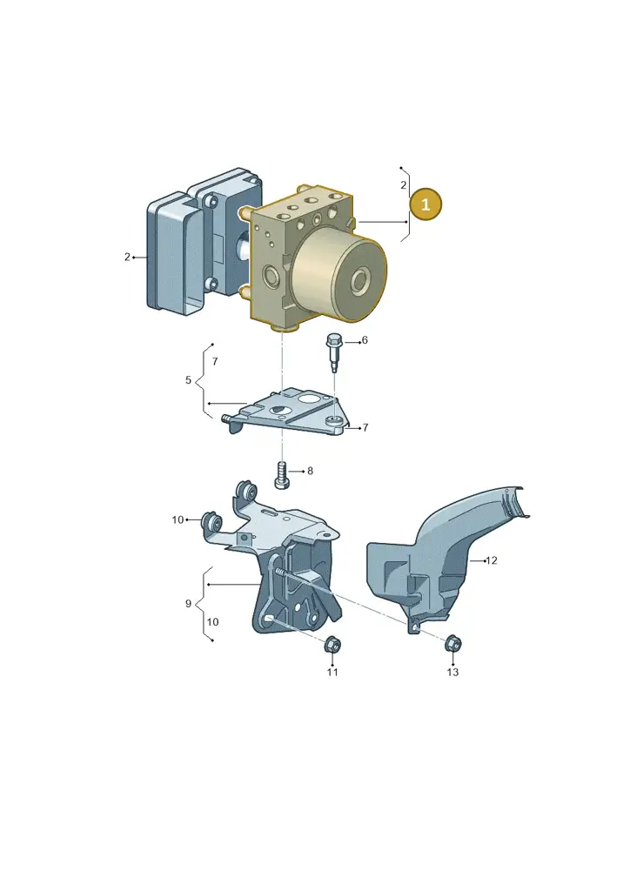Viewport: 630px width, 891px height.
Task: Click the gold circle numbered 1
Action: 426,204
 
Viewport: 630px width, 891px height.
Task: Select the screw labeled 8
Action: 282,476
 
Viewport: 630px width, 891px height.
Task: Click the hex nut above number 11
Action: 332,645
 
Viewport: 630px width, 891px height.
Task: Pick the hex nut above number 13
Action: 452,643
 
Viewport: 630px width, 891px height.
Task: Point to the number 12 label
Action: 492,560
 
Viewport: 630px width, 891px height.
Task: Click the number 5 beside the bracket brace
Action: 188,380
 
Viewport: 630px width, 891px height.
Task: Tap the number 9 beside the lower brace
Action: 188,604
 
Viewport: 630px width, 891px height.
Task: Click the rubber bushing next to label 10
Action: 211,520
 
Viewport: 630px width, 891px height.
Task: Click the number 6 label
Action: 365,340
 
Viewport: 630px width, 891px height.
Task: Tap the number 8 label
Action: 310,471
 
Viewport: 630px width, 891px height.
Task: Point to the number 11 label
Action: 332,673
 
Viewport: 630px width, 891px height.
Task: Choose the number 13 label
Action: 452,673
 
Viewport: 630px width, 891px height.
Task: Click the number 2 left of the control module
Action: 127,257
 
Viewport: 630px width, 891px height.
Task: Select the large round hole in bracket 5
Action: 310,399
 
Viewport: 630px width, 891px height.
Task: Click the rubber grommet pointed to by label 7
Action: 335,420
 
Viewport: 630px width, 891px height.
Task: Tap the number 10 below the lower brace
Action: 212,621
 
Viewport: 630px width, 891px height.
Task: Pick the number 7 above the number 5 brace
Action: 215,361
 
